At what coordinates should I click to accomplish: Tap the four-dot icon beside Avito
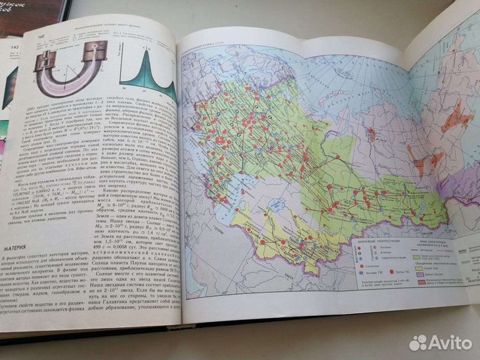pos(417,342)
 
